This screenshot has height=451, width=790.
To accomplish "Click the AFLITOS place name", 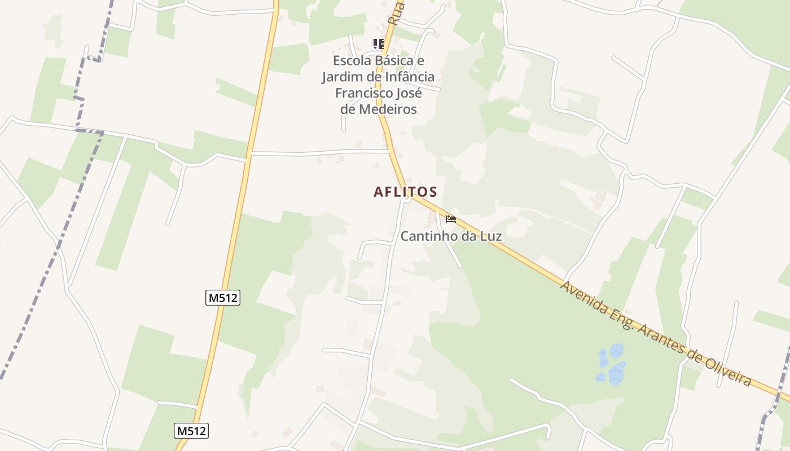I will [x=405, y=192].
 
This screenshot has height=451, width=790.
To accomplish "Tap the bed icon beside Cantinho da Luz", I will [x=450, y=219].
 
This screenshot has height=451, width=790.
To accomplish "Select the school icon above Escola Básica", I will [x=378, y=43].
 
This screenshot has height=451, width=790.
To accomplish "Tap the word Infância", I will [x=408, y=77].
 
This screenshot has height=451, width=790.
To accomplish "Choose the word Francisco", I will [x=363, y=92].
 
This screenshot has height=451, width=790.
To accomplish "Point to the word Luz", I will [x=489, y=236].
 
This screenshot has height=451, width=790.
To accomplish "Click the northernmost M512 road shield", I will [x=223, y=298].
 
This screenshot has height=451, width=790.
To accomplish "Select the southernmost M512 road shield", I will [x=191, y=431].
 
